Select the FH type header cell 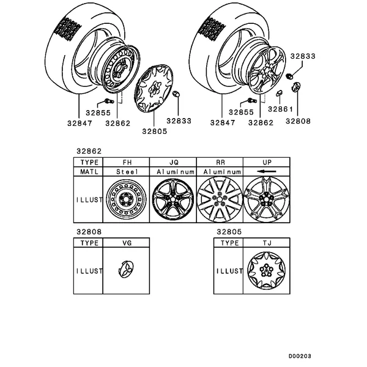(128, 163)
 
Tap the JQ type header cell (174, 163)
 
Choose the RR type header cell (220, 163)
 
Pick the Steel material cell (128, 172)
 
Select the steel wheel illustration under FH (127, 199)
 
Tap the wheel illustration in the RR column (220, 199)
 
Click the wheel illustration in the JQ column (174, 199)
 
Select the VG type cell (128, 243)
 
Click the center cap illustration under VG (127, 271)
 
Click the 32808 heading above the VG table (89, 232)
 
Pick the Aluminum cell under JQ (174, 172)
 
